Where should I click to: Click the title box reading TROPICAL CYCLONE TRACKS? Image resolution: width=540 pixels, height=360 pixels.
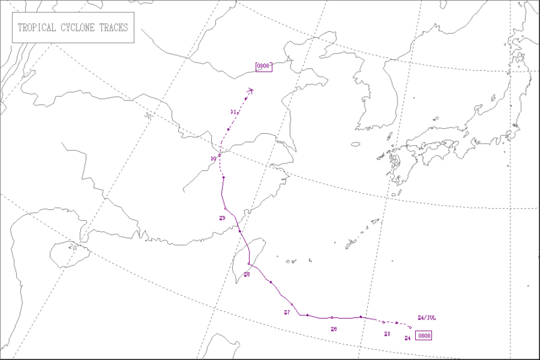[74, 30]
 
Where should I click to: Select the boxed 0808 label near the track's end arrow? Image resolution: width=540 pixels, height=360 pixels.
[263, 66]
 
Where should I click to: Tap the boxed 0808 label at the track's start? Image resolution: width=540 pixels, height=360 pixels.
[424, 335]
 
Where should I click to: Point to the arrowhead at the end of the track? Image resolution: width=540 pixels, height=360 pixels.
[250, 89]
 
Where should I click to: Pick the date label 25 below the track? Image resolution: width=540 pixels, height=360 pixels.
[387, 334]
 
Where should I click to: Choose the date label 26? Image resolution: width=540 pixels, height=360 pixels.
[333, 329]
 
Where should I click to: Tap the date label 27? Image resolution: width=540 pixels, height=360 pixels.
[287, 312]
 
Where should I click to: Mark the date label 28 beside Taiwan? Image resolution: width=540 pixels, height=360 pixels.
[247, 275]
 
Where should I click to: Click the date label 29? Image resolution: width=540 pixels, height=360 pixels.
[222, 217]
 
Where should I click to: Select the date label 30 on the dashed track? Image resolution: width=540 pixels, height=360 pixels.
[213, 159]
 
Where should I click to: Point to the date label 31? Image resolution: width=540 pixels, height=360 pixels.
[232, 111]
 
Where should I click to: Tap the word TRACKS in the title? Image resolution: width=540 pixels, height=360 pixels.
[112, 30]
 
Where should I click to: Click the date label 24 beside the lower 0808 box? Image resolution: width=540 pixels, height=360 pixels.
[408, 338]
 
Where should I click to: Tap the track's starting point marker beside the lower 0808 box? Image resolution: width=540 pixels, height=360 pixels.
[410, 329]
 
